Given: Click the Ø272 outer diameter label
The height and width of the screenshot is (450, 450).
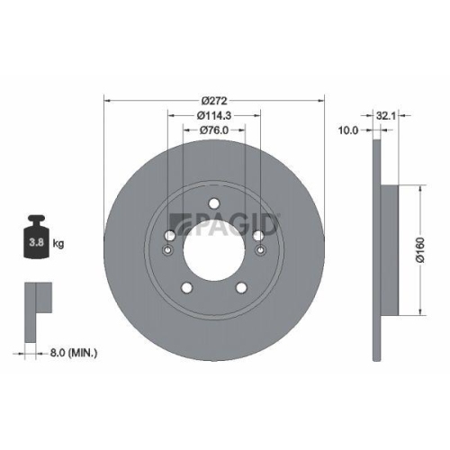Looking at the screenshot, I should click(214, 99).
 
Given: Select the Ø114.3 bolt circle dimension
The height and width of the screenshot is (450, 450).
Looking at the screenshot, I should click(214, 115).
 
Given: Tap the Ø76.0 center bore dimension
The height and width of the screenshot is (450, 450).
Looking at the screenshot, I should click(214, 131).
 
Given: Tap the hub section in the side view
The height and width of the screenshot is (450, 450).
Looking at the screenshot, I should click(390, 250).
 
